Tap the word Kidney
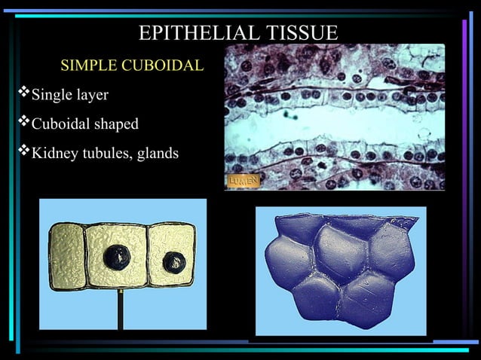coord(54,154)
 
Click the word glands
coord(157,154)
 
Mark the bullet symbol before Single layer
coord(22,95)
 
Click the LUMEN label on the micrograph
coord(243,181)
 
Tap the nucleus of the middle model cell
coord(117,255)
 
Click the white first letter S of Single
coord(35,96)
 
